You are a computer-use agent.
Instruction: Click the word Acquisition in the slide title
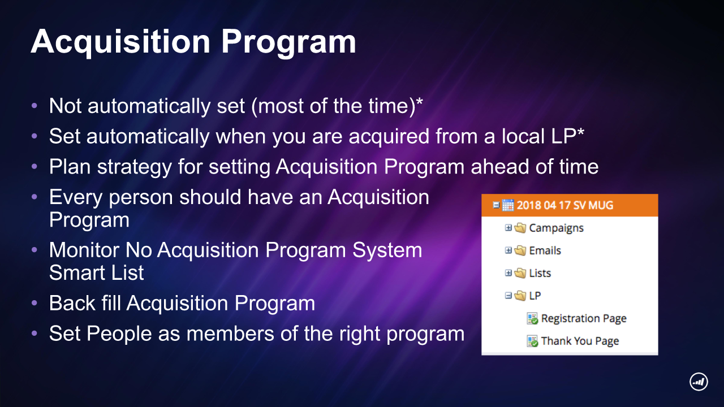120,42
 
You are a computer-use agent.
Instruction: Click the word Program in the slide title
288,42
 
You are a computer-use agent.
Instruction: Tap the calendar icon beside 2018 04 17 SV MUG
508,205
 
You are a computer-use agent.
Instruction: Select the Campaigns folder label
556,228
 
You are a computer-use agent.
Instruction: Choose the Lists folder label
540,273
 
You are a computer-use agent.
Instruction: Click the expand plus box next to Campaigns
508,228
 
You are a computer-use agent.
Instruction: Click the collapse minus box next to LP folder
508,295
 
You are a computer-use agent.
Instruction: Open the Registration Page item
584,318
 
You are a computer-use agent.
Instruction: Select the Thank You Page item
580,341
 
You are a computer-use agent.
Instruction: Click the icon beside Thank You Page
532,341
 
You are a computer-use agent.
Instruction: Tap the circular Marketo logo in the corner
699,382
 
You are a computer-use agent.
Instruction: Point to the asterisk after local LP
580,131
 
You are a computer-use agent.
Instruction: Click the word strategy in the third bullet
134,167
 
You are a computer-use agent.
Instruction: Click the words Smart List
96,272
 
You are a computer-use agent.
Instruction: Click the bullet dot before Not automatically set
35,106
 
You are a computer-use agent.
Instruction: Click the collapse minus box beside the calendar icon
496,205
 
